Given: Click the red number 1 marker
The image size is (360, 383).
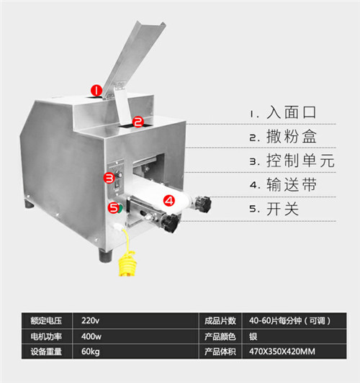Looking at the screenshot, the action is (x=96, y=91).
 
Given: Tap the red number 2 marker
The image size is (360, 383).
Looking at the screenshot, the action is (x=138, y=122).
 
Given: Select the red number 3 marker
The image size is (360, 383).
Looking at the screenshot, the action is (x=109, y=178).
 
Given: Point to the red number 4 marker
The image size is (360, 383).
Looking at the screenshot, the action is (x=169, y=201).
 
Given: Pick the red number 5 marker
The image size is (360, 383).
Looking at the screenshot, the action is (x=114, y=208).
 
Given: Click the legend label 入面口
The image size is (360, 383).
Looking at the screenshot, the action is (x=292, y=112).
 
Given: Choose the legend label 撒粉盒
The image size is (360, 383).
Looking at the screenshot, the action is (x=292, y=136).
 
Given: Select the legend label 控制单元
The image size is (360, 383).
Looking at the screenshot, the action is (x=300, y=161).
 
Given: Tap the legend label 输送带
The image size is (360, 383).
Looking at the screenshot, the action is (x=292, y=184).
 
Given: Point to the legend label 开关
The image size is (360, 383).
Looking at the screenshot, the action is (x=282, y=209).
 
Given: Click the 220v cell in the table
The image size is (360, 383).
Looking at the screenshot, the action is (x=90, y=320).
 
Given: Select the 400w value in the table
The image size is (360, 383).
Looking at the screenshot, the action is (x=91, y=337).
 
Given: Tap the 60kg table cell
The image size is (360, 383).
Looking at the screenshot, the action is (x=91, y=352).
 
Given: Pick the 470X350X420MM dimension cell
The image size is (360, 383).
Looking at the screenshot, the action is (x=282, y=351).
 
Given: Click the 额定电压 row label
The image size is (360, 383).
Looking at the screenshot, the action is (x=46, y=320).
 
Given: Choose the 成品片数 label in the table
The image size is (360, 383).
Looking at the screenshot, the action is (x=220, y=320).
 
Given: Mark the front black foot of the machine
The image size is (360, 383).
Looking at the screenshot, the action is (x=106, y=256).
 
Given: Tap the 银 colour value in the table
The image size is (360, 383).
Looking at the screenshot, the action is (x=253, y=337).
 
